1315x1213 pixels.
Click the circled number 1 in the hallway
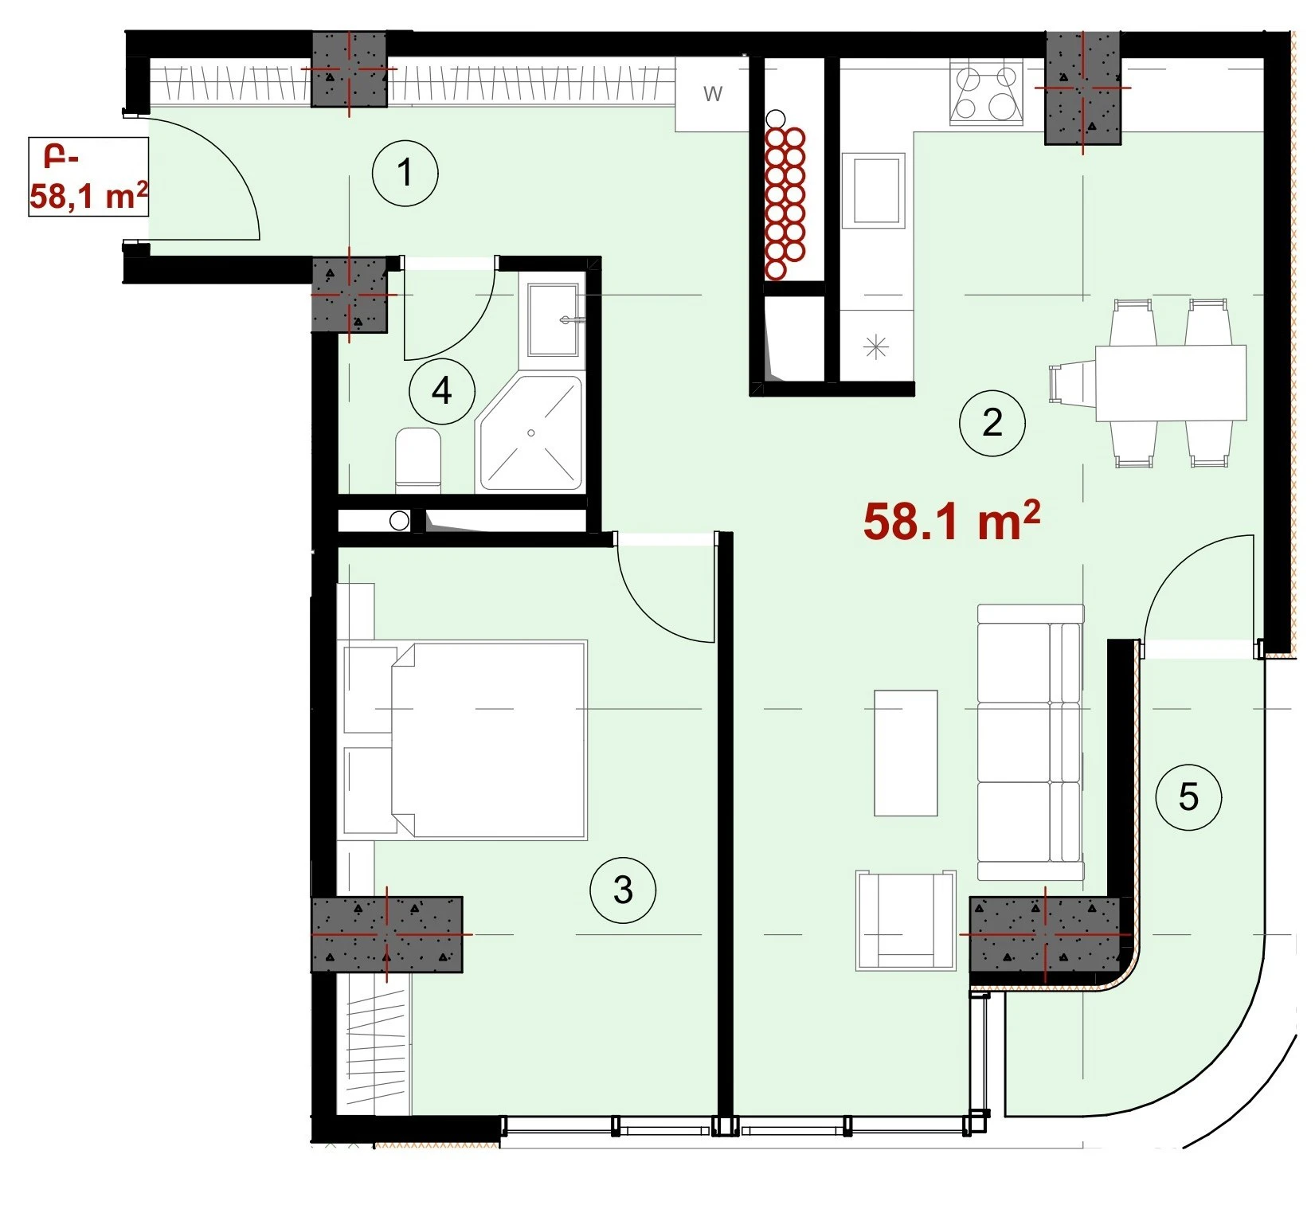[405, 173]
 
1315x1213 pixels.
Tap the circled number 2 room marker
[992, 422]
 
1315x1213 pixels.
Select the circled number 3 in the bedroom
[623, 890]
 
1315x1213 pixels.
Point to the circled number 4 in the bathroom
[442, 391]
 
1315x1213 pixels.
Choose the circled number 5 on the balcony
[1188, 796]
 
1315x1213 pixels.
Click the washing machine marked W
[712, 94]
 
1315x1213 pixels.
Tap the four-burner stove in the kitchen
[987, 94]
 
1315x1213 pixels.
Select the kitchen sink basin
[875, 191]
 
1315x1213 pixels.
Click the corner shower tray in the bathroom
[530, 432]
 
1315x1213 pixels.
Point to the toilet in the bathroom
[418, 459]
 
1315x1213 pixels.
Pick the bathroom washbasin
[554, 319]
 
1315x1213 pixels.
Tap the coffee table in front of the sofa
[906, 753]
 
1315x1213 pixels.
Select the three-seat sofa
[1031, 742]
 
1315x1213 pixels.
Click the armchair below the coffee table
[906, 920]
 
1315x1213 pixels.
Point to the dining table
[1171, 382]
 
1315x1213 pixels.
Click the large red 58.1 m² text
[952, 522]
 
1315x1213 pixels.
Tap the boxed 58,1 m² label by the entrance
[88, 177]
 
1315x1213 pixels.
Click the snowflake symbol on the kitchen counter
[875, 346]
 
